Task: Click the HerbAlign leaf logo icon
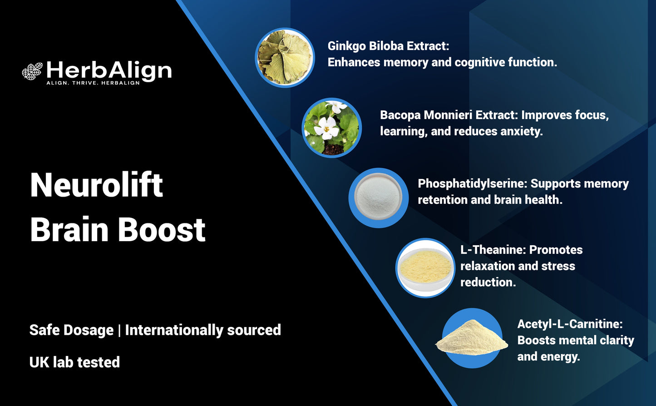click(32, 71)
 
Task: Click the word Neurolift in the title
click(96, 185)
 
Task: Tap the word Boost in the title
click(162, 229)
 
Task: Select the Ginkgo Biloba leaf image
click(285, 57)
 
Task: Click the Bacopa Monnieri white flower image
click(331, 128)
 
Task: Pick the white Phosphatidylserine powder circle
click(378, 198)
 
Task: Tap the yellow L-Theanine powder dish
click(425, 268)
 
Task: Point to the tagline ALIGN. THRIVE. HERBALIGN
click(93, 83)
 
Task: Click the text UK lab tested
click(74, 362)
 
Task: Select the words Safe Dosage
click(71, 330)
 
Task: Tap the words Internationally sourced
click(203, 330)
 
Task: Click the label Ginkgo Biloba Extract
click(388, 46)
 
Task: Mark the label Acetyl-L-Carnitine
click(570, 324)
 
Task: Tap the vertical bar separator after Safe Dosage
click(119, 330)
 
